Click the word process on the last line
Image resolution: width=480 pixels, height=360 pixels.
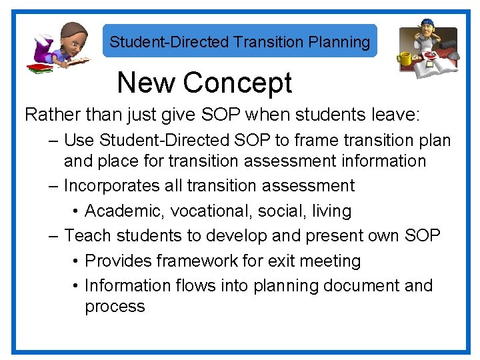[x=115, y=307]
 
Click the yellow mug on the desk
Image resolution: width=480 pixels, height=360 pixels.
[x=405, y=59]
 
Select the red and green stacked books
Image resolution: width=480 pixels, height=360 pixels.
[x=40, y=68]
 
